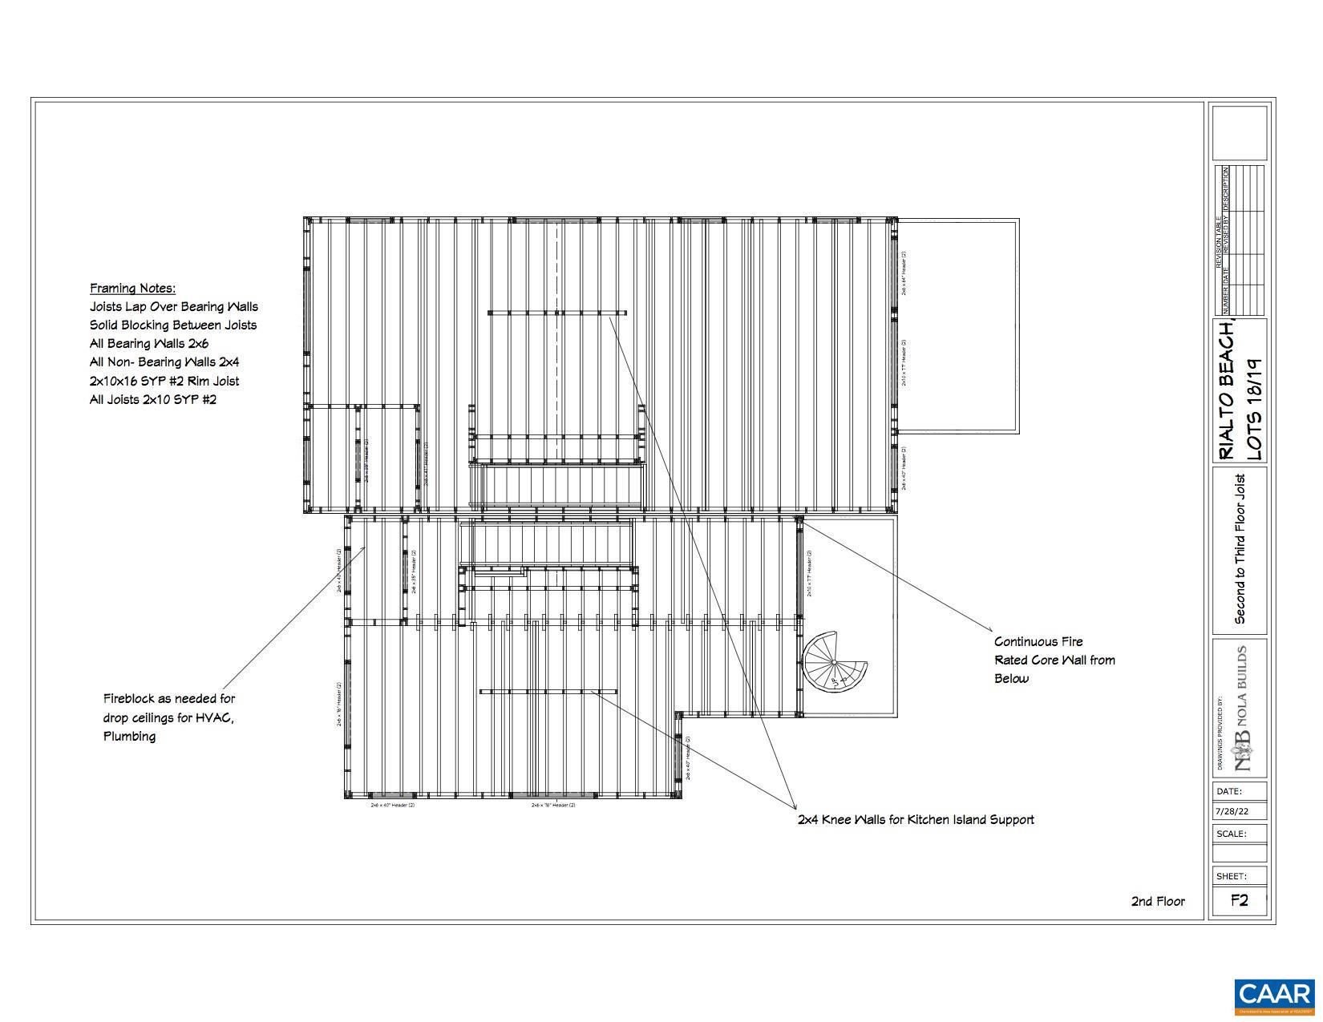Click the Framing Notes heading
tap(132, 289)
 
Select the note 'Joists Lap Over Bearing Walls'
tap(174, 307)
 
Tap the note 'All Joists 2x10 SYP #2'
tap(152, 399)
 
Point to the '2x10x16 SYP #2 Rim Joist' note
tap(164, 381)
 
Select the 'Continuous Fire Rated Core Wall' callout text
tap(1054, 660)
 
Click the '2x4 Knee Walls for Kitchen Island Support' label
tap(915, 820)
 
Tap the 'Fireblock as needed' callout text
tap(168, 717)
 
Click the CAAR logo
tap(1274, 996)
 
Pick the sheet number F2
tap(1239, 900)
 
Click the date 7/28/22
tap(1232, 811)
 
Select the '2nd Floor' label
tap(1157, 901)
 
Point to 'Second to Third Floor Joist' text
tap(1240, 550)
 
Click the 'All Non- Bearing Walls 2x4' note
tap(164, 362)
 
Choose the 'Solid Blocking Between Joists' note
tap(173, 325)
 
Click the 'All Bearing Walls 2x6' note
tap(149, 344)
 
